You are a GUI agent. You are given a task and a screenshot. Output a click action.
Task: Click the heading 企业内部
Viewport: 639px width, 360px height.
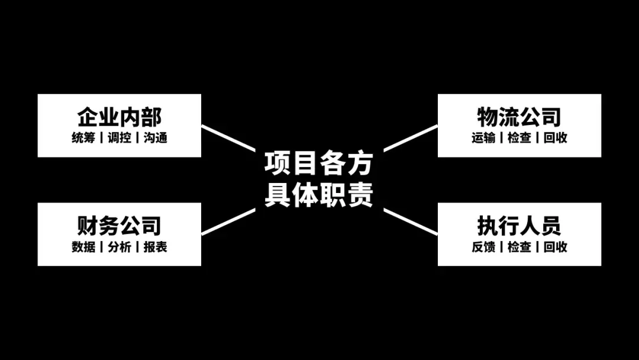tap(119, 117)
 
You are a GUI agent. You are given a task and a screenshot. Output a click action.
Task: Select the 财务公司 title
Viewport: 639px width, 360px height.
tap(119, 226)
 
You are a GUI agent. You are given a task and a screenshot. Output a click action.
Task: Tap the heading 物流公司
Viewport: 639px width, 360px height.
tap(519, 117)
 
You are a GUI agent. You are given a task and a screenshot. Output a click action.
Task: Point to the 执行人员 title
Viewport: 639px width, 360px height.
tap(519, 226)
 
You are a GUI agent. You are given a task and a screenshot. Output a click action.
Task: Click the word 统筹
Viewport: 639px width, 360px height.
tap(83, 138)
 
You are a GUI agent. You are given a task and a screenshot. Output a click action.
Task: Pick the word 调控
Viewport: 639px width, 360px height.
tap(119, 138)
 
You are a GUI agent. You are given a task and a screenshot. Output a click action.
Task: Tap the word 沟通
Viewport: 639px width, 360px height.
tap(155, 138)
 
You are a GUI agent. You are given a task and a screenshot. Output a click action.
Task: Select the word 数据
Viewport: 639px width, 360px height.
tap(83, 247)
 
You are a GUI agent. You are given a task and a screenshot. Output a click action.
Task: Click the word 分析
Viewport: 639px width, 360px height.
tap(119, 247)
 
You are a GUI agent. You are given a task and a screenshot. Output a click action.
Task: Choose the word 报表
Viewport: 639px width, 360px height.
tap(155, 247)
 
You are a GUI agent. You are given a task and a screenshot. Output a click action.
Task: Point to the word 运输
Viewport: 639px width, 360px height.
tap(483, 138)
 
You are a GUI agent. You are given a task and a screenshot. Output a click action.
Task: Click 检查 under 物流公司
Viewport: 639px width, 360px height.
tap(519, 138)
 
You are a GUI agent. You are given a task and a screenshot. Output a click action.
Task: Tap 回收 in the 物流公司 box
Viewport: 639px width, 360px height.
tap(555, 138)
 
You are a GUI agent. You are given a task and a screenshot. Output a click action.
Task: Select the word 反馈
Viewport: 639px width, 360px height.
tap(483, 247)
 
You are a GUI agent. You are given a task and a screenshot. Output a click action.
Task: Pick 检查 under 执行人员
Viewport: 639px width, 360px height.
tap(519, 247)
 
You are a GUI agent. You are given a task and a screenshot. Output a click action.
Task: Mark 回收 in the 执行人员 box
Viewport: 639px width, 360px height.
tap(555, 247)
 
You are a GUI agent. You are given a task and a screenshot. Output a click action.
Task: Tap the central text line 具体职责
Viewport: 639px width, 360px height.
tap(318, 194)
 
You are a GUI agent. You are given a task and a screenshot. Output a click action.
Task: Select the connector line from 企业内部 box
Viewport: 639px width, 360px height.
tap(228, 138)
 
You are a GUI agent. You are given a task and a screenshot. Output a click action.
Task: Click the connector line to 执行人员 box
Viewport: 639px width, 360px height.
tap(411, 221)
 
